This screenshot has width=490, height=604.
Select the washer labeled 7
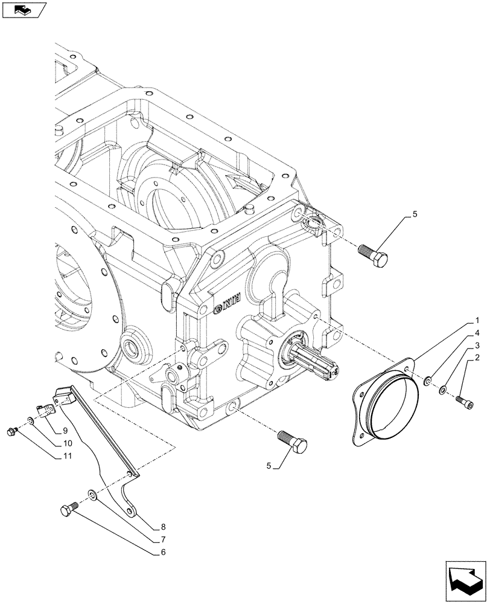[x=91, y=495]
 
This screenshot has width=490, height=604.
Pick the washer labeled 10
[x=30, y=421]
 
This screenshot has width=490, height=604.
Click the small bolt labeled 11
[x=11, y=431]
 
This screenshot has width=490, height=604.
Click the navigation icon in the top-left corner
[x=24, y=10]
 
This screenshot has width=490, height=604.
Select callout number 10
[x=66, y=443]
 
